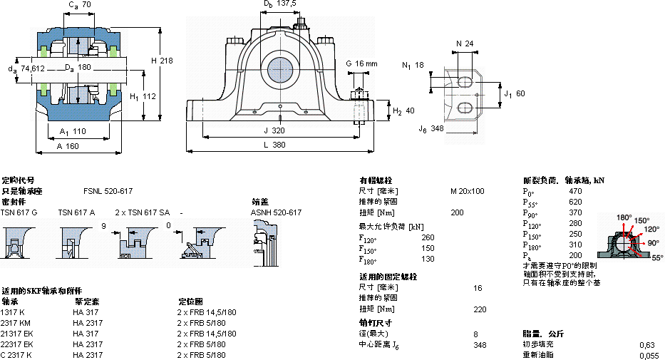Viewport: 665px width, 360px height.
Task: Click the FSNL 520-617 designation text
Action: click(108, 191)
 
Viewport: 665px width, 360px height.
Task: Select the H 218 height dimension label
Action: click(163, 61)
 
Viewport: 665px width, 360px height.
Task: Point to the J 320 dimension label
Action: click(274, 130)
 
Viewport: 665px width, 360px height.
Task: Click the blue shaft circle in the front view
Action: click(281, 69)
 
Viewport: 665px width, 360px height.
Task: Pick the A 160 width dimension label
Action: click(68, 146)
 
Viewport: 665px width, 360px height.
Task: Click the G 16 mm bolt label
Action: click(362, 63)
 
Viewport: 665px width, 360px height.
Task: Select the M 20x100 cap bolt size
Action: click(467, 191)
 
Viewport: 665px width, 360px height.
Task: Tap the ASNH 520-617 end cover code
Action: click(276, 212)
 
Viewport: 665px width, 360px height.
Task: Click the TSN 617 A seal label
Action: click(76, 212)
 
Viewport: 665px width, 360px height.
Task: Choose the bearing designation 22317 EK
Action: click(18, 344)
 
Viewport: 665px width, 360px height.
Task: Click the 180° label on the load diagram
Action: click(624, 217)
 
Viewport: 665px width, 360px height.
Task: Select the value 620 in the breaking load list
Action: click(575, 202)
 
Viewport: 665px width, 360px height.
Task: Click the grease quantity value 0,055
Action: click(648, 355)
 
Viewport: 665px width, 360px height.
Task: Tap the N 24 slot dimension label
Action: click(464, 44)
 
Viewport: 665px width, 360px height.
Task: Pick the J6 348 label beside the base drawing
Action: click(433, 128)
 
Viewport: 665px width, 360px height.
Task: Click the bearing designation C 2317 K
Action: click(16, 355)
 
